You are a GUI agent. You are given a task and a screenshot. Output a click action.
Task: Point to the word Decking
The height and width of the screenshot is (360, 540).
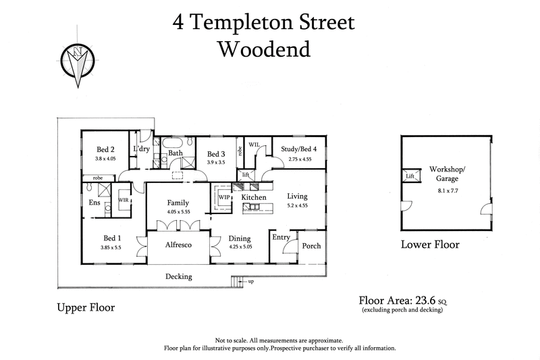pyautogui.click(x=179, y=276)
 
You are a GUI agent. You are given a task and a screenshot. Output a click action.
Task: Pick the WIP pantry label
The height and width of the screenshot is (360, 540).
pyautogui.click(x=223, y=197)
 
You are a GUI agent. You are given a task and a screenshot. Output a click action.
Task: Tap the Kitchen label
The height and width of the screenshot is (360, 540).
pyautogui.click(x=254, y=197)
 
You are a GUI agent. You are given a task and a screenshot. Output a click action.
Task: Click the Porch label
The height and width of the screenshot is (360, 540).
pyautogui.click(x=310, y=246)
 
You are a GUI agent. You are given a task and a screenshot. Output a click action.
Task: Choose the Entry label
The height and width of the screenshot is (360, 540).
pyautogui.click(x=281, y=237)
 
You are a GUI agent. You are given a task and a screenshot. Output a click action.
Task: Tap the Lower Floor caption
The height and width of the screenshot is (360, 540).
pyautogui.click(x=430, y=245)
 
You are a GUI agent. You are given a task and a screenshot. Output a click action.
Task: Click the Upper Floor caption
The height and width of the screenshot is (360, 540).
pyautogui.click(x=85, y=307)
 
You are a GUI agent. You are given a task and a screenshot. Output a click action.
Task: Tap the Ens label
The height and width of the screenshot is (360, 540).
pyautogui.click(x=94, y=201)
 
